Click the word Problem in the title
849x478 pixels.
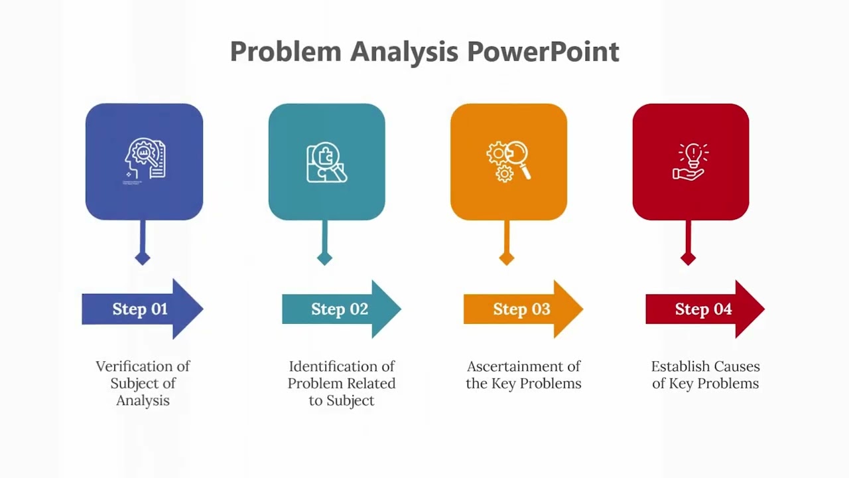[x=285, y=52]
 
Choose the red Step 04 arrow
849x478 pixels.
[x=704, y=309]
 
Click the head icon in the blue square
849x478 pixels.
[x=145, y=160]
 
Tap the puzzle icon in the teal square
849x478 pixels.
[x=326, y=162]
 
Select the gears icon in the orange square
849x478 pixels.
[x=508, y=161]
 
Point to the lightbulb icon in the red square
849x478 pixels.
[x=690, y=161]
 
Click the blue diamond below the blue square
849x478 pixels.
[x=143, y=258]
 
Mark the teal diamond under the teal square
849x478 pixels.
[x=324, y=258]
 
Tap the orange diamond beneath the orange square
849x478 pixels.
[x=507, y=258]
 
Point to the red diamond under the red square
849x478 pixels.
[x=688, y=258]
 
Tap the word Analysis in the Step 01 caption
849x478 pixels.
[x=143, y=400]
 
